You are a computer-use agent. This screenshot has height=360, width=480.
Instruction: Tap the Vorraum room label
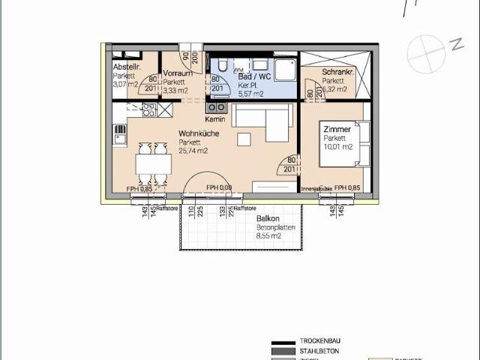178,73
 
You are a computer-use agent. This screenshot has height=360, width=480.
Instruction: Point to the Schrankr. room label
337,72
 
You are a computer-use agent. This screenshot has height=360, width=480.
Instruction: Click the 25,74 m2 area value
193,151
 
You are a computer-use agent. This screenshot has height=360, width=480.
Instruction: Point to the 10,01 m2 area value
337,147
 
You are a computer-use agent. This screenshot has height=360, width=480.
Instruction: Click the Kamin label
215,120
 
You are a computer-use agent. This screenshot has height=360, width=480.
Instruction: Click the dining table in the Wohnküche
154,163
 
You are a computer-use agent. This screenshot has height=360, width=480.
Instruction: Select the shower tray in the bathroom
285,70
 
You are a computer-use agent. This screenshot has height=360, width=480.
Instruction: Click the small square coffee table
244,140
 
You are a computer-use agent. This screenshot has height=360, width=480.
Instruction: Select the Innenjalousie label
316,188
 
